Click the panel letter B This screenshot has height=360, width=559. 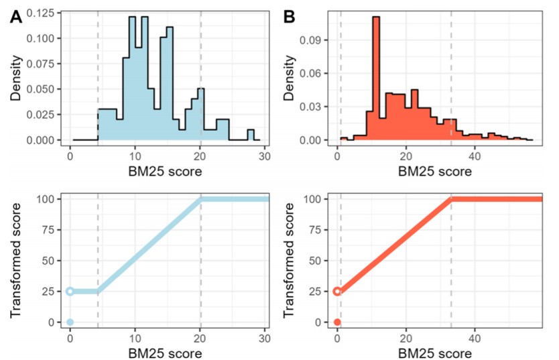293,17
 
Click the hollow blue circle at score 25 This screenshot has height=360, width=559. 70,292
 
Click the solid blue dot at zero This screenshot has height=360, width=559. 70,322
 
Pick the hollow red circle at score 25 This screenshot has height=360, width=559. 337,292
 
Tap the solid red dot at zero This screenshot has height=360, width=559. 337,322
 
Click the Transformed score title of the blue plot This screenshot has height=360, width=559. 15,259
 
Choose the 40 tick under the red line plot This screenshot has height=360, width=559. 475,338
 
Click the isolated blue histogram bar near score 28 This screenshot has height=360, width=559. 251,135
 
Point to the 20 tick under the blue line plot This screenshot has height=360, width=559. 200,338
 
